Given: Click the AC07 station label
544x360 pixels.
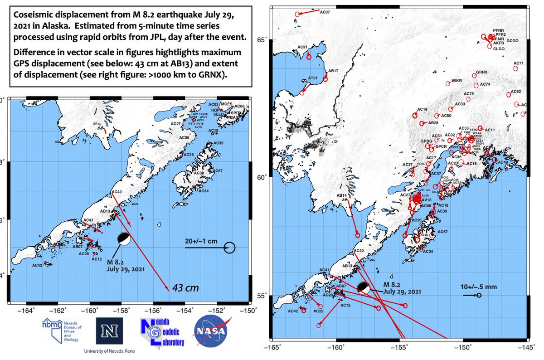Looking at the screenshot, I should tap(325, 12).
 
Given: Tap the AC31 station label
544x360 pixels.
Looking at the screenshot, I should tap(303, 47).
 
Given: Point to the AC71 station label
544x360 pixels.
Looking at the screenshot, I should tap(519, 63).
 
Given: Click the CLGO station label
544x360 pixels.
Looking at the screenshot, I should tap(499, 49).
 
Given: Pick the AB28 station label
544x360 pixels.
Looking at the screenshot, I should tap(433, 123).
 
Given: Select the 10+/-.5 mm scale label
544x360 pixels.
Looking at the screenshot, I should tap(471, 287).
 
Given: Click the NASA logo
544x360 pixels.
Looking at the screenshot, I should tap(210, 331).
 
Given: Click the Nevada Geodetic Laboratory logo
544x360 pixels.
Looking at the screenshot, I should tap(162, 332).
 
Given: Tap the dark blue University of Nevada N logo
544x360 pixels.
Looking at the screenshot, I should tap(109, 331).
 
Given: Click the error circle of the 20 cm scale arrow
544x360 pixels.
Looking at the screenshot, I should tap(229, 248).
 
